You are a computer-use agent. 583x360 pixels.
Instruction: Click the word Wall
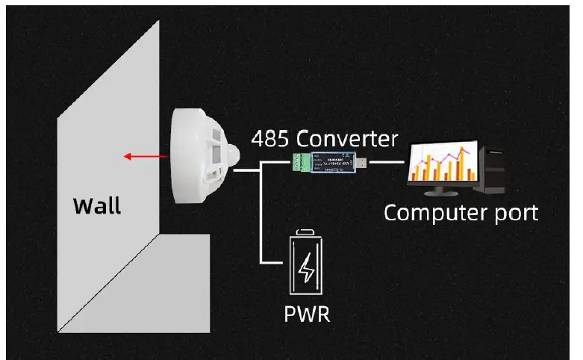97,205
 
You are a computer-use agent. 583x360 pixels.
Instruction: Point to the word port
514,213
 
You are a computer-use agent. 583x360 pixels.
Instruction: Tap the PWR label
307,312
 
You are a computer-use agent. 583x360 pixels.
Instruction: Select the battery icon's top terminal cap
307,233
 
